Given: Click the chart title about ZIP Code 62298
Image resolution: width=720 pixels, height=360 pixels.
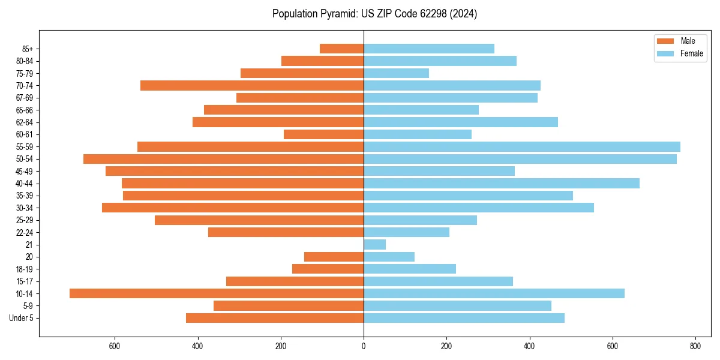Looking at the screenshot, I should click(x=374, y=14).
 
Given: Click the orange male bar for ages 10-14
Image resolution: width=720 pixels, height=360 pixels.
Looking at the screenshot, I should click(x=217, y=293).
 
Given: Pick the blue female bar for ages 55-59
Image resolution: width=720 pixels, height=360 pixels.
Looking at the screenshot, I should click(x=522, y=146).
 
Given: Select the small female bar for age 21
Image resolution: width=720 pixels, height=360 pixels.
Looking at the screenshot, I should click(x=375, y=244).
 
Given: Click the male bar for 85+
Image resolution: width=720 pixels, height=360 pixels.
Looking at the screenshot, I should click(x=341, y=49).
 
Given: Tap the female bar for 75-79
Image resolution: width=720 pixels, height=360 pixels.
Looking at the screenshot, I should click(x=396, y=73).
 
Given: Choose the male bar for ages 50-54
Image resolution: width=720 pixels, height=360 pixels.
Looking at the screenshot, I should click(x=223, y=159).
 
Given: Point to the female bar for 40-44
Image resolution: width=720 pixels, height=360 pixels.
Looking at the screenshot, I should click(x=502, y=183).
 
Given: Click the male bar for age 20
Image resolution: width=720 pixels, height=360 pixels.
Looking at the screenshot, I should click(x=334, y=257).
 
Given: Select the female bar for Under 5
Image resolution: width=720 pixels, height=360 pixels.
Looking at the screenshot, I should click(x=464, y=318).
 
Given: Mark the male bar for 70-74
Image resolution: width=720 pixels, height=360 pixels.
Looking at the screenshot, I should click(x=252, y=85).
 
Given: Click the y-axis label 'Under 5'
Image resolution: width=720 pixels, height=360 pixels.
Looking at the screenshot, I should click(x=21, y=318).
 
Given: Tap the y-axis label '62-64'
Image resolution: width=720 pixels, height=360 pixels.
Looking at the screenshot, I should click(x=25, y=122).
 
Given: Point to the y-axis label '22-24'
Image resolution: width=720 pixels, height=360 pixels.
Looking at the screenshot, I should click(x=25, y=232).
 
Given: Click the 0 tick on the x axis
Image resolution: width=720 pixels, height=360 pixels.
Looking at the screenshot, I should click(x=364, y=346).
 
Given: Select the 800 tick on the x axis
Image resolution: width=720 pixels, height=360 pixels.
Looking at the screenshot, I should click(x=695, y=346).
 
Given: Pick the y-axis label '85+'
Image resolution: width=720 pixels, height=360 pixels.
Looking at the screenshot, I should click(x=27, y=49).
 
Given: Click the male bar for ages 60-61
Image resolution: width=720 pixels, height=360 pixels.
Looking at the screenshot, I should click(x=323, y=134).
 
